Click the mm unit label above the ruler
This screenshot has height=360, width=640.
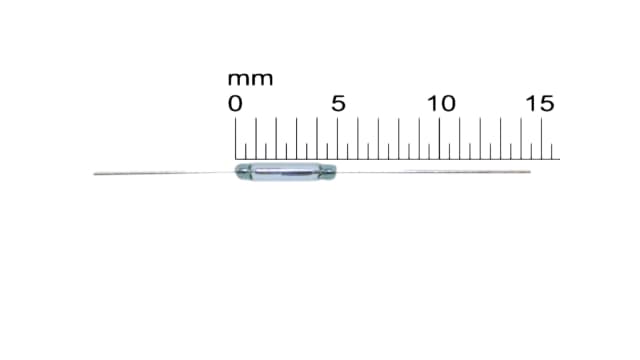tap(249, 79)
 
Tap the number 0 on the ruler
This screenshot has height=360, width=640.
tap(235, 103)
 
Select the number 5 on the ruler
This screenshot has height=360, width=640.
tap(338, 103)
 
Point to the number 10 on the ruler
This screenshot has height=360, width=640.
tap(441, 103)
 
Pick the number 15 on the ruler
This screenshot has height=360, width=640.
tap(541, 103)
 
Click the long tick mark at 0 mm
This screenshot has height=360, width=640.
tap(236, 138)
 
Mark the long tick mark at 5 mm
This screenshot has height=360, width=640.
tap(338, 138)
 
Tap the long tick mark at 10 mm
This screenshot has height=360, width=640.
tap(440, 138)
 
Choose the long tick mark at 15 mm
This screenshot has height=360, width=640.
tap(542, 138)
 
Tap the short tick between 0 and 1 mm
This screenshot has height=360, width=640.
tap(246, 150)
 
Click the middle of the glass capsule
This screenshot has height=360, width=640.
tap(286, 172)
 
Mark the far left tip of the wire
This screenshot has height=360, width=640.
tap(95, 174)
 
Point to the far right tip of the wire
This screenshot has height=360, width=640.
tap(529, 172)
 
